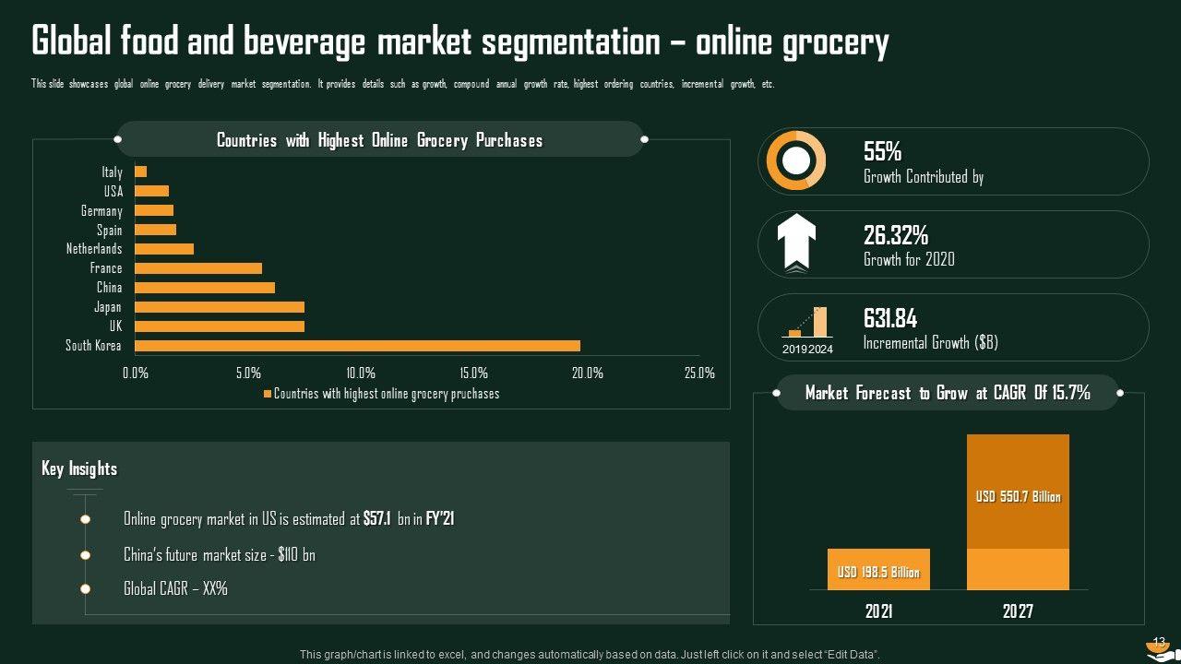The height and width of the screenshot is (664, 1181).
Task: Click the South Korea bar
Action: [x=358, y=346]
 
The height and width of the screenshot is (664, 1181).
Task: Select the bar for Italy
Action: [x=141, y=172]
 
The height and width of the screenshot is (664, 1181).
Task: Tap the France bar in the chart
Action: [x=198, y=268]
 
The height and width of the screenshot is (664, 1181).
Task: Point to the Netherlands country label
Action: [x=94, y=249]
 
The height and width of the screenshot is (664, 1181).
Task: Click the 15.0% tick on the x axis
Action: [x=473, y=373]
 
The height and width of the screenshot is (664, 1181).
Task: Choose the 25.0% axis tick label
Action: [x=699, y=373]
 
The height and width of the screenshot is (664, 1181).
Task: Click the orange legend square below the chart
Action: [x=268, y=394]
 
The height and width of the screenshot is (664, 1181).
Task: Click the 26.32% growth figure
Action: [x=895, y=235]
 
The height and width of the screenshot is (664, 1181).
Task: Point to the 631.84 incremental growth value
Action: [x=890, y=319]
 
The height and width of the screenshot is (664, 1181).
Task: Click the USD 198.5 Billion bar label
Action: [x=878, y=573]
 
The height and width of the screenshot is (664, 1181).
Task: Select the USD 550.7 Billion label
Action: [x=1019, y=497]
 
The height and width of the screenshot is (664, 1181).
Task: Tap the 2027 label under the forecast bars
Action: [x=1018, y=611]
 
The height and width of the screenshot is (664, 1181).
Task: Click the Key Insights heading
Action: [x=79, y=468]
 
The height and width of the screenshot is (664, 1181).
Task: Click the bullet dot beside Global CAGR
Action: [x=85, y=588]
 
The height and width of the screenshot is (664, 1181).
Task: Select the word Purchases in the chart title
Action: [x=509, y=140]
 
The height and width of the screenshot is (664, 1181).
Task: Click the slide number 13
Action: [x=1160, y=642]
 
